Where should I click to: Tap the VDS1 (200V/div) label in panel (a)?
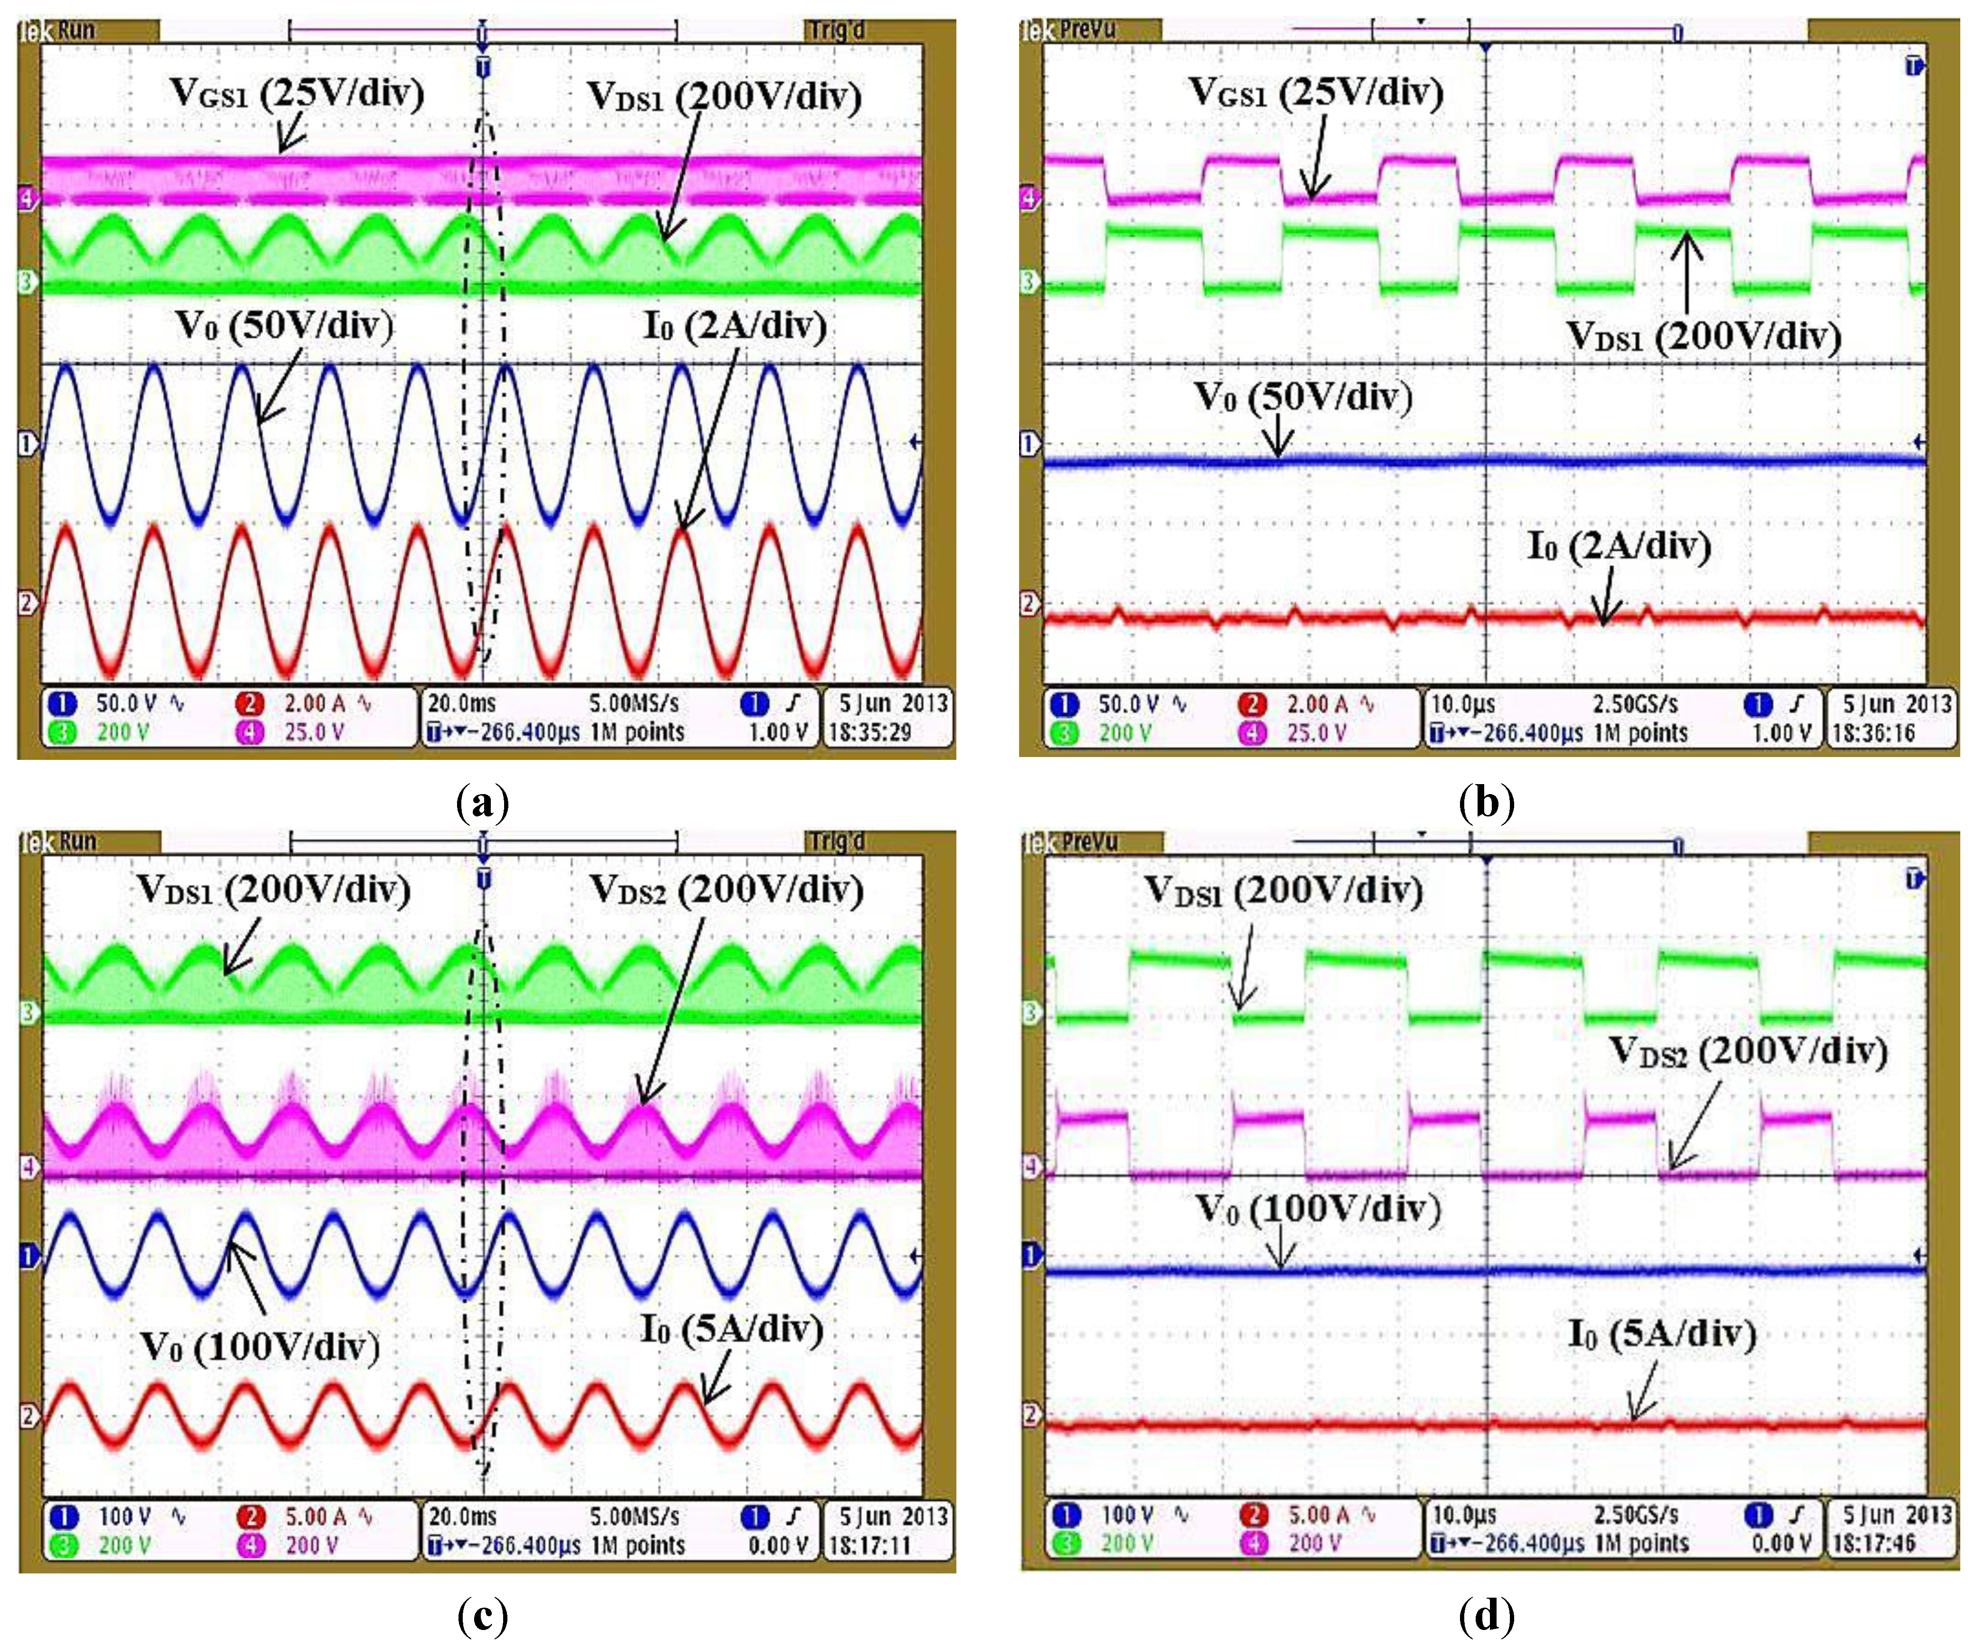pyautogui.click(x=724, y=96)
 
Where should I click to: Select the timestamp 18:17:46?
pyautogui.click(x=1873, y=1543)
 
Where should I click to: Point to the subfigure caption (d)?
pyautogui.click(x=1486, y=1616)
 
